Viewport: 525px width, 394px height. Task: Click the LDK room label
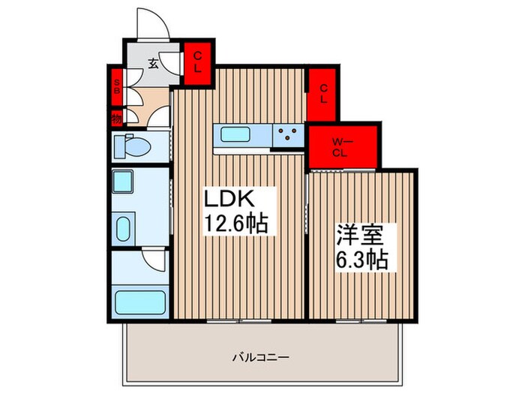click(x=232, y=200)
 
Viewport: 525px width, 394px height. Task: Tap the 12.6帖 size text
click(x=237, y=224)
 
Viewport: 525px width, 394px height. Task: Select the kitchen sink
click(x=235, y=135)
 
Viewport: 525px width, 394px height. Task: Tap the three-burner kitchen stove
click(x=286, y=135)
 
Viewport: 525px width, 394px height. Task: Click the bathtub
click(x=140, y=303)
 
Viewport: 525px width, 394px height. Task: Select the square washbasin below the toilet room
click(x=122, y=182)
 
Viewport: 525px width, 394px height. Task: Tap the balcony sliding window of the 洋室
click(x=360, y=318)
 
